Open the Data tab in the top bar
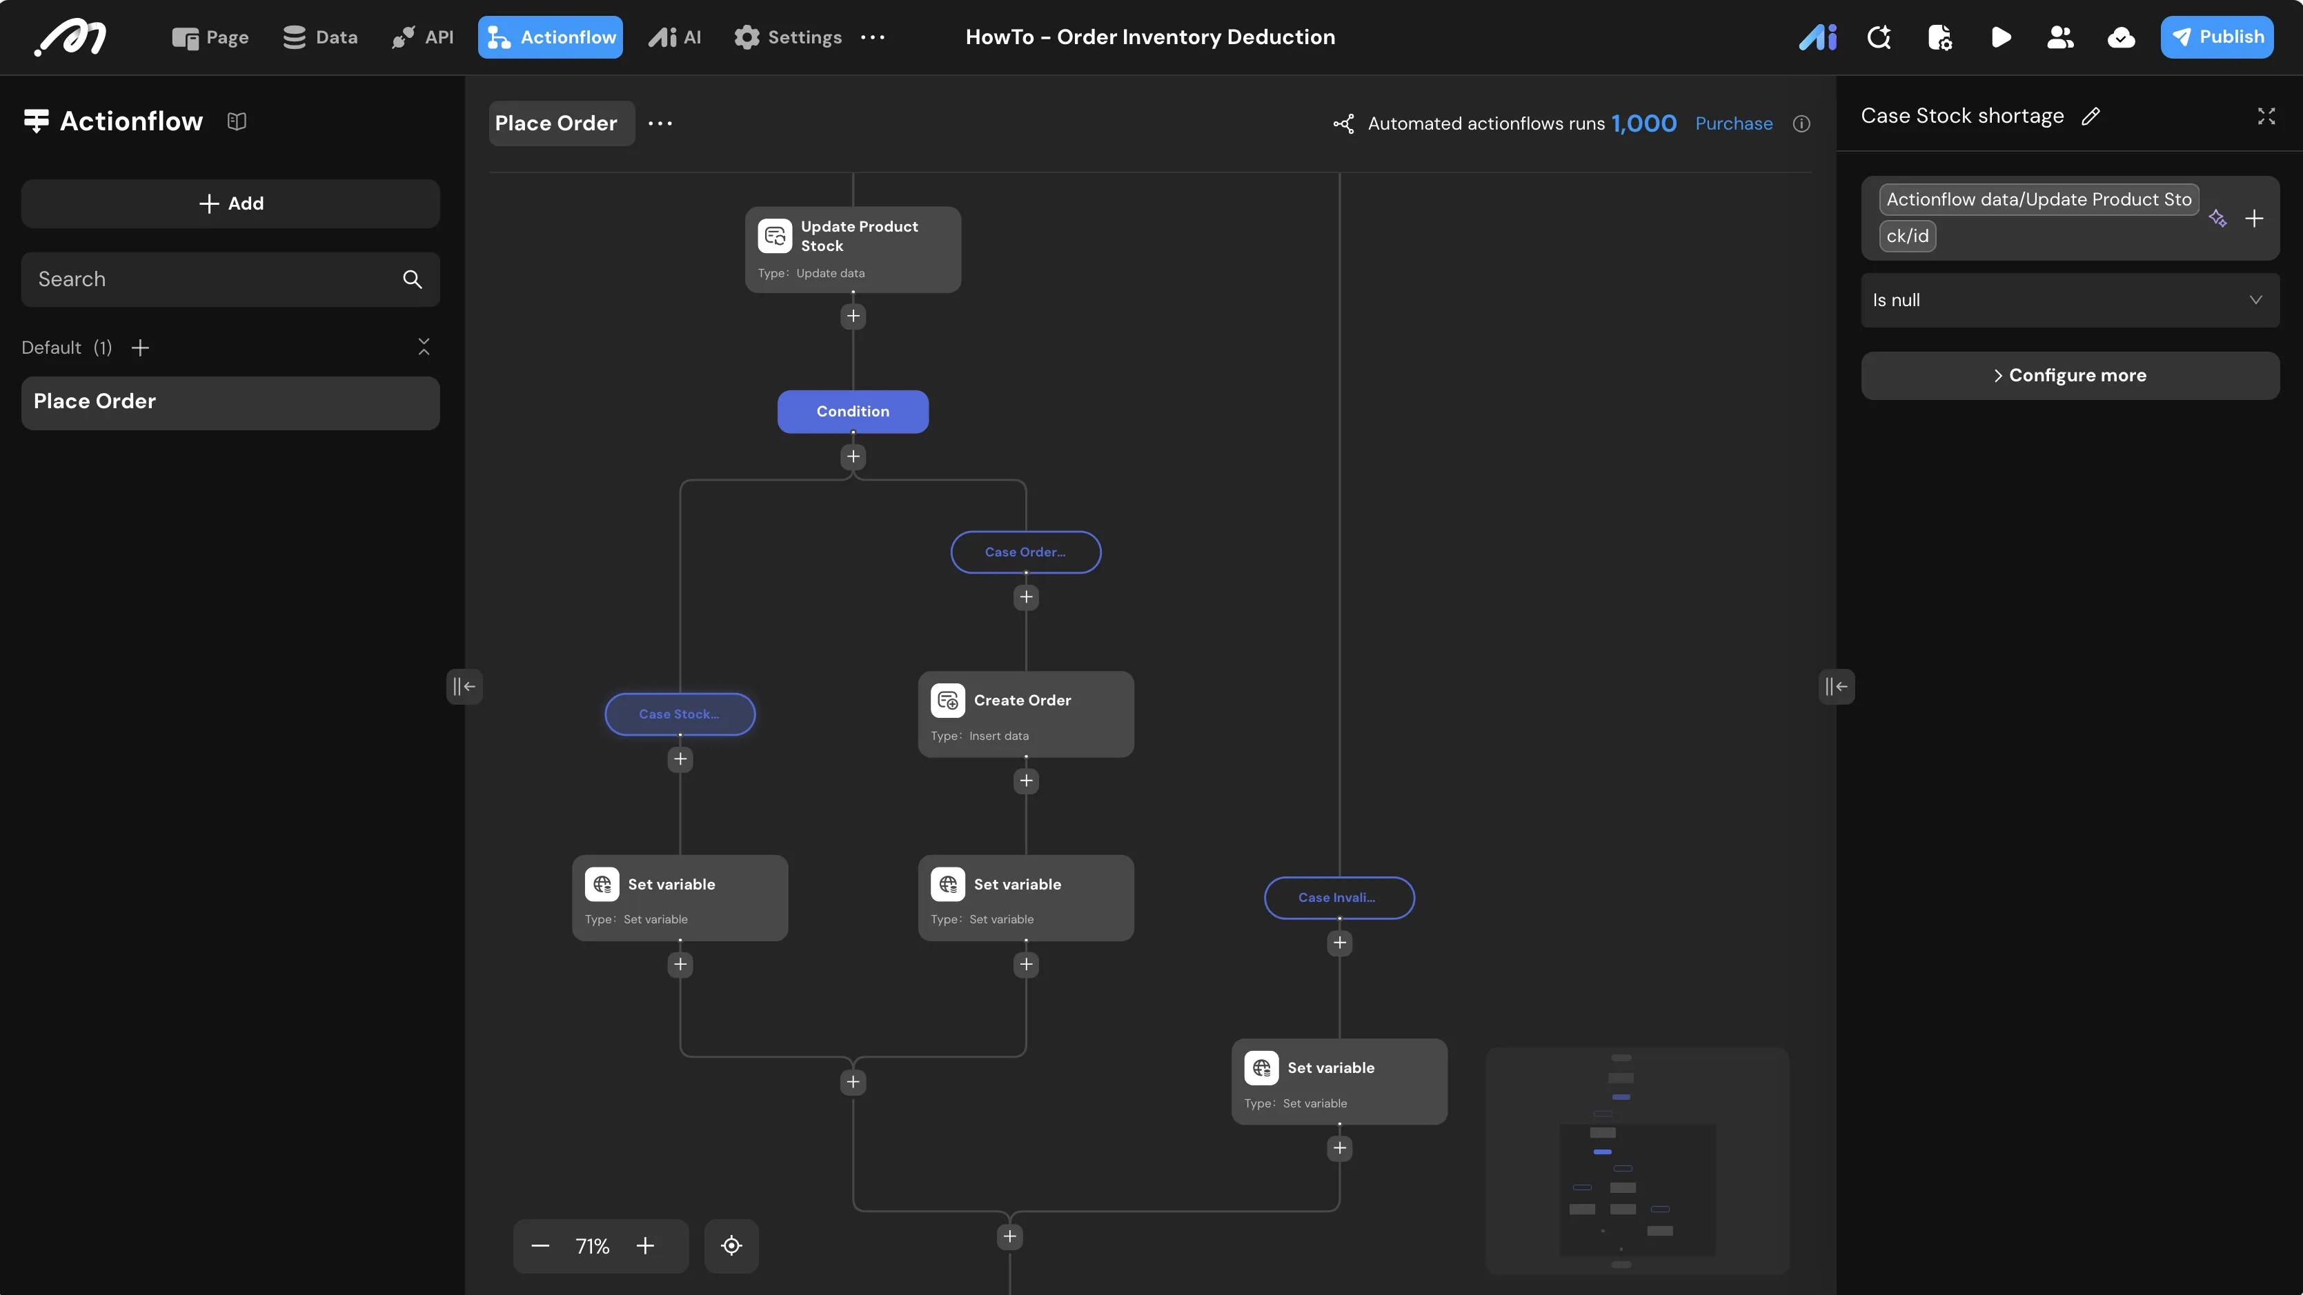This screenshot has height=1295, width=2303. (x=320, y=37)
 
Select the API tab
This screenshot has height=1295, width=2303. (x=423, y=37)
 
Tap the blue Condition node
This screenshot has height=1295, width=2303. (x=853, y=411)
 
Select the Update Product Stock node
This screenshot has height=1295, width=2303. (x=853, y=250)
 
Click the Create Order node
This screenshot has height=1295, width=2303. (x=1025, y=714)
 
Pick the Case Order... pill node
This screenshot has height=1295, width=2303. (x=1025, y=552)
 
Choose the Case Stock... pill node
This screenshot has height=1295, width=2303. (x=680, y=714)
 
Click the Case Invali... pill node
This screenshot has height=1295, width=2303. (x=1339, y=897)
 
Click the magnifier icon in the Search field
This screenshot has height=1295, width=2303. (x=412, y=279)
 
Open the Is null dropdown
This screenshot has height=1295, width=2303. (x=2070, y=300)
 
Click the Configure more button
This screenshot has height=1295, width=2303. (x=2070, y=375)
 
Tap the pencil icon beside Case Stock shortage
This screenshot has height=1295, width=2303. (x=2091, y=116)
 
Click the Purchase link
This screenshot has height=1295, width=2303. (x=1734, y=123)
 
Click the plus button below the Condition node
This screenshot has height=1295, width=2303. (x=853, y=456)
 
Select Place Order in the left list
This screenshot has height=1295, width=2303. (x=230, y=402)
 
